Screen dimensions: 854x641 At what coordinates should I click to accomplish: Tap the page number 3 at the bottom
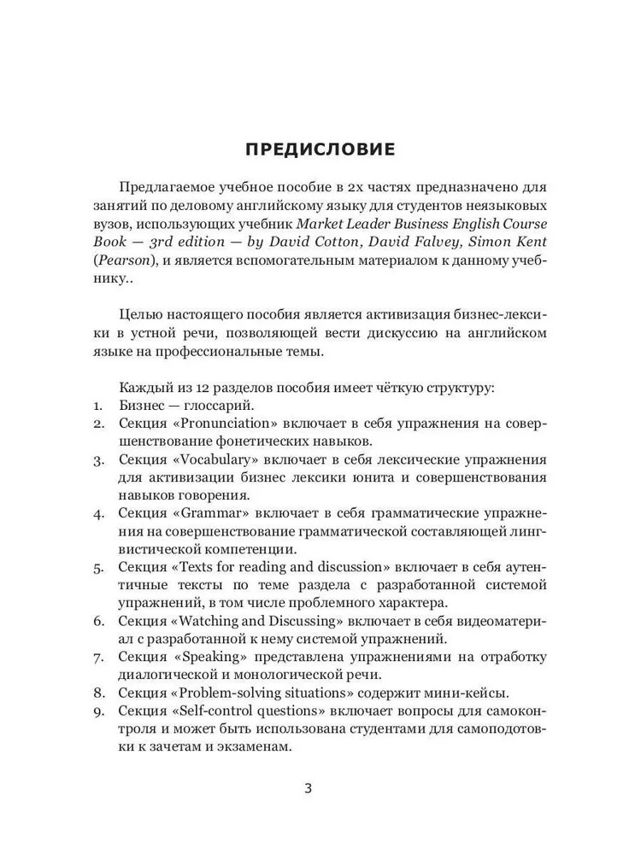[308, 787]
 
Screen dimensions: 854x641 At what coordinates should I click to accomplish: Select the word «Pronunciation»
[220, 424]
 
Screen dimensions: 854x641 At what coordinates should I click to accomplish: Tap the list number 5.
[99, 567]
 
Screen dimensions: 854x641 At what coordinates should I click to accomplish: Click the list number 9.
[99, 711]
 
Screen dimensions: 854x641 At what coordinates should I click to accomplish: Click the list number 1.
[99, 406]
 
